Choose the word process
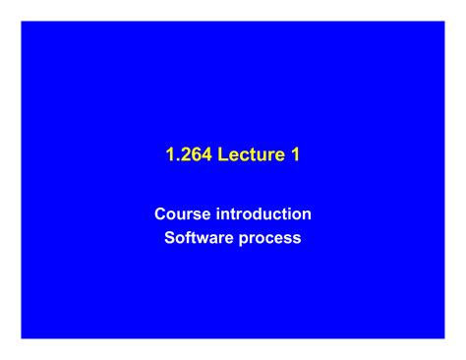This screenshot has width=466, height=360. pos(271,238)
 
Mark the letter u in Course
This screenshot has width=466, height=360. pos(181,213)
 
